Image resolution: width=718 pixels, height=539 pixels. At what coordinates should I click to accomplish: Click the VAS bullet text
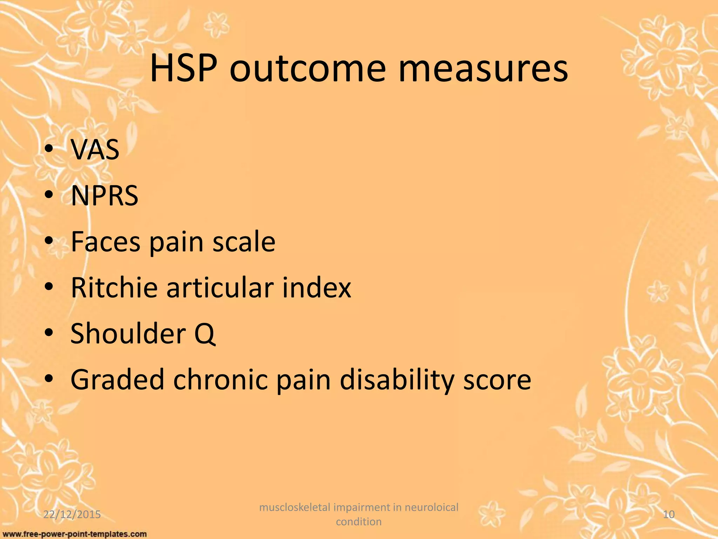coord(95,149)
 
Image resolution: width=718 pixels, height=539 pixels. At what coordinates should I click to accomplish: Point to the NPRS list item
coord(104,195)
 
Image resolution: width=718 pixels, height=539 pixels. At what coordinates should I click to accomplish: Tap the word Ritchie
coord(114,287)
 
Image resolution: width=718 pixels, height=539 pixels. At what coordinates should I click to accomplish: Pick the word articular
coord(219,287)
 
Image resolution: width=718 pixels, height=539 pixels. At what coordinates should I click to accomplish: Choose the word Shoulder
coord(128,333)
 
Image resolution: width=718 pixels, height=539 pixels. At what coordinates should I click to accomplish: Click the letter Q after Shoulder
coord(204,334)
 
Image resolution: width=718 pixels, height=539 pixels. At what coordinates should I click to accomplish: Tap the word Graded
coord(117,379)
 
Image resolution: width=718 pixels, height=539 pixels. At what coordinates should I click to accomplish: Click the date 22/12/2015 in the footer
coord(72,514)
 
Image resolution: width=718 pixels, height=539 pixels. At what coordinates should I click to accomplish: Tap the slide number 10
coord(669,514)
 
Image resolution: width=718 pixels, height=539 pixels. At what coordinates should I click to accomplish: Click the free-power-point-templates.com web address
coord(74,534)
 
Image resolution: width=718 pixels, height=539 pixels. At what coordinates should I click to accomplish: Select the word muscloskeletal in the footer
coord(294,507)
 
